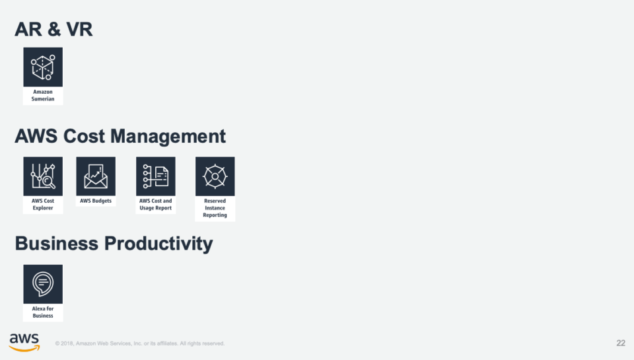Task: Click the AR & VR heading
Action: pyautogui.click(x=53, y=29)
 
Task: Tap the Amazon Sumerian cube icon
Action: pyautogui.click(x=43, y=67)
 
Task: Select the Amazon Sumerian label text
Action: pyautogui.click(x=43, y=96)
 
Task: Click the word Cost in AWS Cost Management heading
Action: pyautogui.click(x=86, y=137)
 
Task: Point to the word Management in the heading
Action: pyautogui.click(x=168, y=137)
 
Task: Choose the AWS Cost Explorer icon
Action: pyautogui.click(x=43, y=176)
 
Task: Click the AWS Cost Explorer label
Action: pyautogui.click(x=43, y=204)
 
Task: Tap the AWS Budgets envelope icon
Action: pyautogui.click(x=96, y=176)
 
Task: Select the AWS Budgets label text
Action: pyautogui.click(x=96, y=201)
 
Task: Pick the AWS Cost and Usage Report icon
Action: pyautogui.click(x=156, y=176)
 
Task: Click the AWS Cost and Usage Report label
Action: pyautogui.click(x=156, y=204)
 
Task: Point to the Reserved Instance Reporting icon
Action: pyautogui.click(x=215, y=176)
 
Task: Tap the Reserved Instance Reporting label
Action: pyautogui.click(x=215, y=208)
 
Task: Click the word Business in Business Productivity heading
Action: pyautogui.click(x=56, y=244)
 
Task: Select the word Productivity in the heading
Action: pyautogui.click(x=158, y=244)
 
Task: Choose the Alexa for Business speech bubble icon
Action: pyautogui.click(x=43, y=284)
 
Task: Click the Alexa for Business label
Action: pyautogui.click(x=43, y=312)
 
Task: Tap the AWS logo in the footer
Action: pyautogui.click(x=24, y=342)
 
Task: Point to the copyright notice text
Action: pyautogui.click(x=140, y=343)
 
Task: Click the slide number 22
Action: pyautogui.click(x=620, y=343)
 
